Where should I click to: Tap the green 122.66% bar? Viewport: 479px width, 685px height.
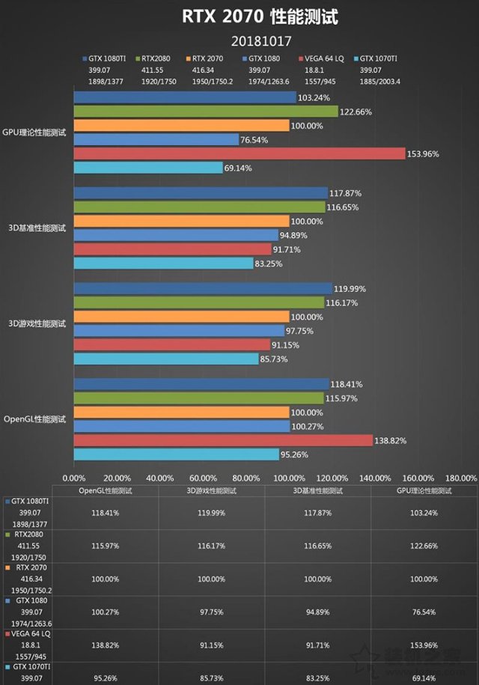(206, 111)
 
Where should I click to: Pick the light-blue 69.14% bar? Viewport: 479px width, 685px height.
(147, 168)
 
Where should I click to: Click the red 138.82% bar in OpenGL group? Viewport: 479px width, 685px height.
(223, 440)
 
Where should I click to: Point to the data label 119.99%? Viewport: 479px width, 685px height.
(351, 288)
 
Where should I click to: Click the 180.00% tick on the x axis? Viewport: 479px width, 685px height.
(460, 478)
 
